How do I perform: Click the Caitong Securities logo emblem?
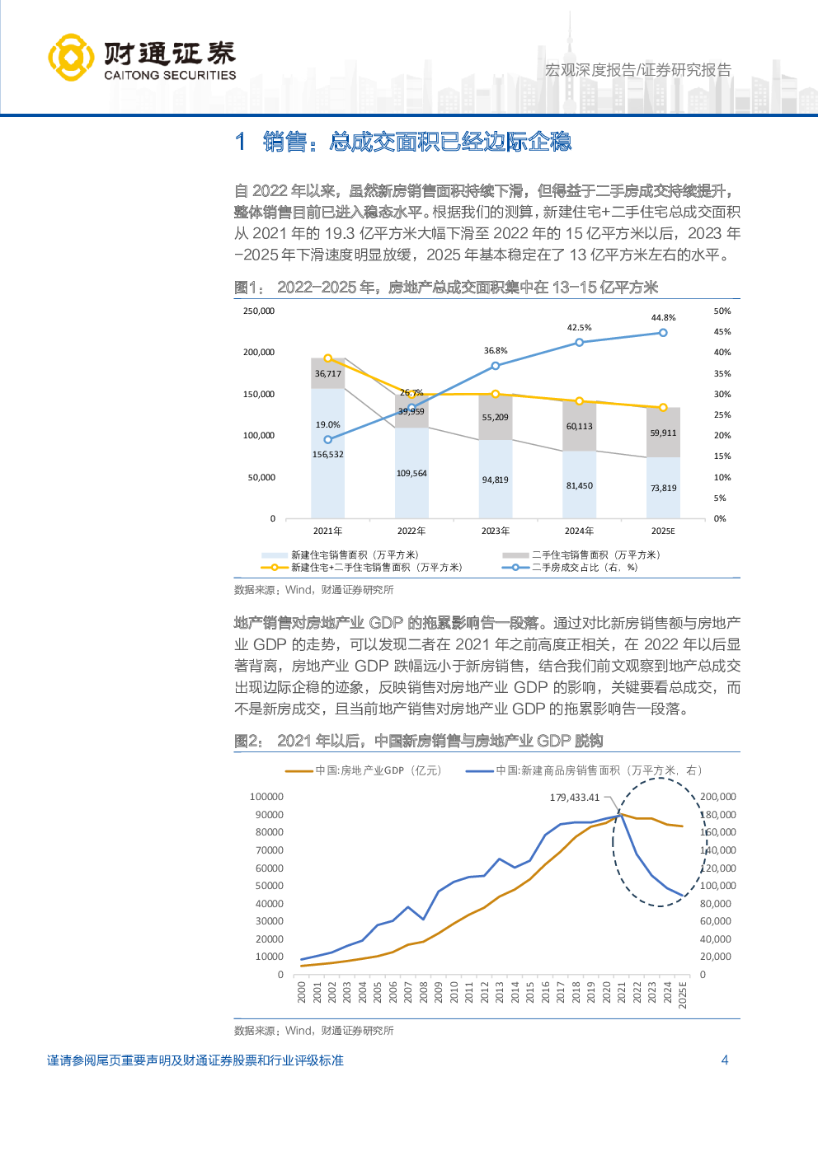[x=70, y=57]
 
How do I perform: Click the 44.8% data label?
[x=663, y=318]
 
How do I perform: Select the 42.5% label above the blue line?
[x=579, y=328]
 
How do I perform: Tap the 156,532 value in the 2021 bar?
[x=327, y=455]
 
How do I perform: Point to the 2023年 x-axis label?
[x=495, y=531]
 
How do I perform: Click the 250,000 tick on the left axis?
[x=259, y=311]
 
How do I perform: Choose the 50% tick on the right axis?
[x=722, y=311]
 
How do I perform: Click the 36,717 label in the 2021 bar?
[x=327, y=374]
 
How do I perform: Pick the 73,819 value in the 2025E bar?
[x=663, y=489]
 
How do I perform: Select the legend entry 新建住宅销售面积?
[x=355, y=555]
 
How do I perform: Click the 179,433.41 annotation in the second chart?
[x=575, y=798]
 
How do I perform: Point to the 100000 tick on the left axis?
[x=266, y=797]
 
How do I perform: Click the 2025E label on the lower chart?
[x=683, y=995]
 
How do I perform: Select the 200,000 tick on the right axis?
[x=717, y=797]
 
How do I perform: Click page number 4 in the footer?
[x=725, y=1060]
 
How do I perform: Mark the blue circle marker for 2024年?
[x=579, y=343]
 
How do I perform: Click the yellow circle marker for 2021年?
[x=327, y=358]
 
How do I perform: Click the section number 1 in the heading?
[x=240, y=142]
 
